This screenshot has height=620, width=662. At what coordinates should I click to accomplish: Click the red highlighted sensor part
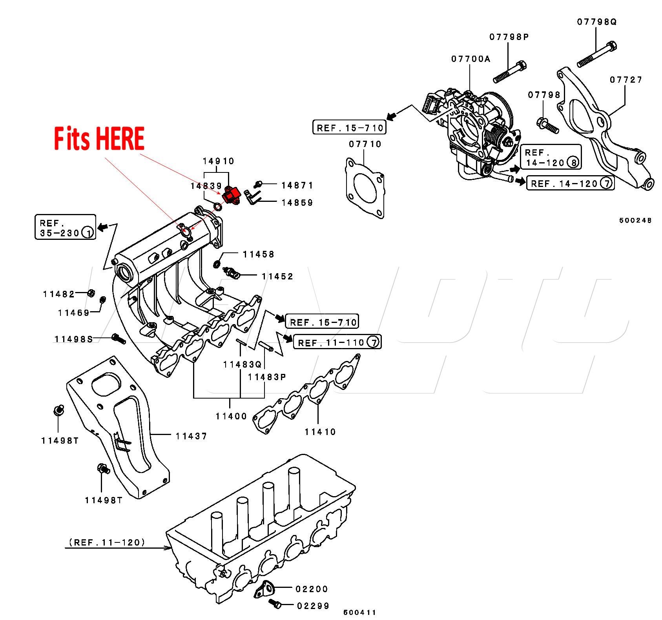pos(232,195)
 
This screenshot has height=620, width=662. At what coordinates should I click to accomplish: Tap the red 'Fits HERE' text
pos(99,139)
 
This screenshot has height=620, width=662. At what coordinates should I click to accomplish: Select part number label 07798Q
pos(596,22)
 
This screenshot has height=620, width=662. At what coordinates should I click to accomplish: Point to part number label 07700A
pos(471,59)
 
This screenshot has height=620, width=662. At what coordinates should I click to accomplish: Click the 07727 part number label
pos(626,80)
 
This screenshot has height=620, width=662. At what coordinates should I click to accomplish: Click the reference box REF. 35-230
pos(66,227)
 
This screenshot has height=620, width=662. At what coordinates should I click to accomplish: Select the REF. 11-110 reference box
pos(337,342)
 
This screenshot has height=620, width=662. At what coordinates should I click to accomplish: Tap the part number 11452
pos(277,276)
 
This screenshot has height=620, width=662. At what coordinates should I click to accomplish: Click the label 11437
pos(191,436)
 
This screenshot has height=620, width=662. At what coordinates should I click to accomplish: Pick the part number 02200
pos(312,589)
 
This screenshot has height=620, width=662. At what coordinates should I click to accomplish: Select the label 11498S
pos(74,339)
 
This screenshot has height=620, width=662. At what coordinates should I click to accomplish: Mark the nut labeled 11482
pos(91,293)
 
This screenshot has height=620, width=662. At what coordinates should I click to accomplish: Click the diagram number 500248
pos(635,220)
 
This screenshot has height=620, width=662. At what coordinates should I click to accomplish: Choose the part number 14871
pos(297,185)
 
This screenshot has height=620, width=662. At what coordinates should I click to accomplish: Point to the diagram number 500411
pos(359,612)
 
